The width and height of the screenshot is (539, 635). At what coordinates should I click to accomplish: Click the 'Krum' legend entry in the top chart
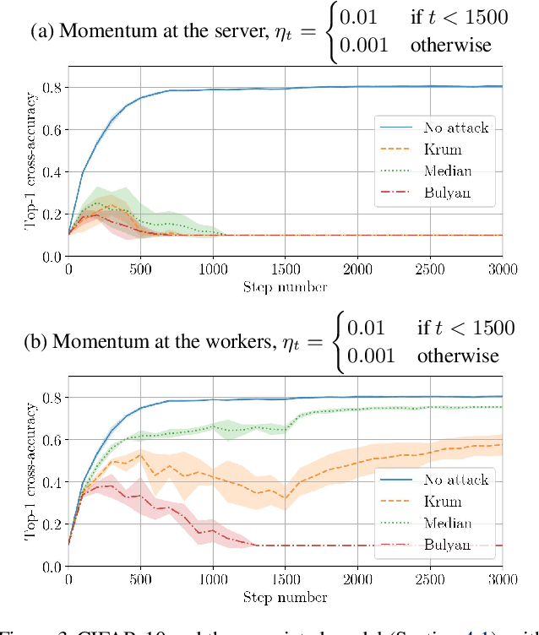point(444,149)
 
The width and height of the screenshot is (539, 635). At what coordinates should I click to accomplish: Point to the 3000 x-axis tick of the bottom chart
point(502,579)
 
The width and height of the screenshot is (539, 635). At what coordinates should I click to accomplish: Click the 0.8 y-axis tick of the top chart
point(53,88)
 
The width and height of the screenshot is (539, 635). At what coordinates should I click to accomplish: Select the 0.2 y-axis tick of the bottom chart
point(53,524)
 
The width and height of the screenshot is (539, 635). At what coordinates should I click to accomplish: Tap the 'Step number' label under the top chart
point(285,287)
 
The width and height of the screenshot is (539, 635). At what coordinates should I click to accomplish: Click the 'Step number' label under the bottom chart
point(285,598)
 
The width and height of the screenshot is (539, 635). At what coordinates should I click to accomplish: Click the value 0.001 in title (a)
point(366,45)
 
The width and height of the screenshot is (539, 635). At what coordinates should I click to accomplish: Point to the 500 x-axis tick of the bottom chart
point(140,579)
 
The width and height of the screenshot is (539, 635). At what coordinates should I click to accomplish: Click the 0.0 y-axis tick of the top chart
point(53,257)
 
